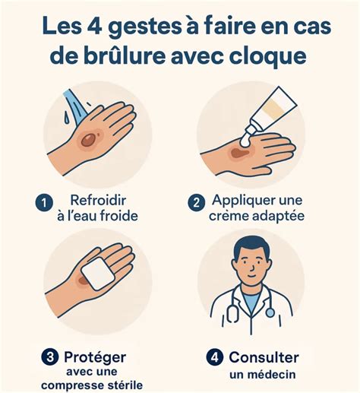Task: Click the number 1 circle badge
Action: (43, 203)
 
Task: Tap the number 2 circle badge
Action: (195, 203)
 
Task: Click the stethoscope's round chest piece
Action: (270, 311)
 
